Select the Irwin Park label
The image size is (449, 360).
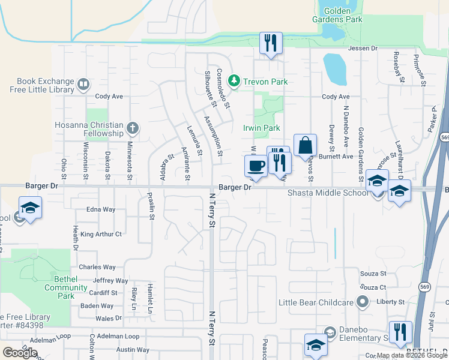[x=261, y=128]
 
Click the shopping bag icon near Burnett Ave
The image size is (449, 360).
[x=305, y=145]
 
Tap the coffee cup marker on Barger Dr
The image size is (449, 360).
[x=256, y=166]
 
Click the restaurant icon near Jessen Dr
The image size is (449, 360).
[x=271, y=43]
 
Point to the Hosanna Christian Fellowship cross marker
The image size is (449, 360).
[x=132, y=128]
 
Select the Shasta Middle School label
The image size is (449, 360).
[x=328, y=193]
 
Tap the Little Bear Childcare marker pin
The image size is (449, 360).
[x=362, y=302]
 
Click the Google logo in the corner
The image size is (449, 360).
[x=20, y=353]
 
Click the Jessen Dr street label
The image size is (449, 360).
[x=363, y=48]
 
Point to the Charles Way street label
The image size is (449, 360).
[x=97, y=267]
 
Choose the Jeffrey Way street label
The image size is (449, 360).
[x=110, y=280]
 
